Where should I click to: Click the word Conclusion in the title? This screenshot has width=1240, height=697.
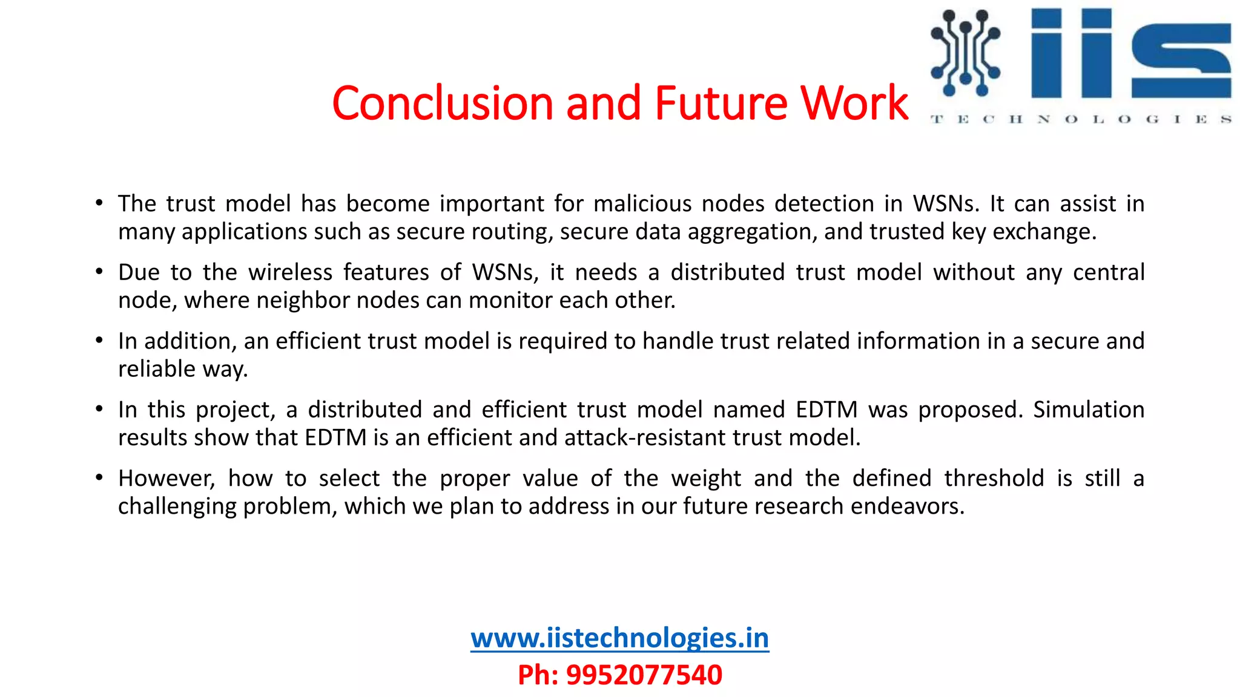click(x=443, y=103)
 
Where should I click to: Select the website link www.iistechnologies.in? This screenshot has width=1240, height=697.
click(x=619, y=638)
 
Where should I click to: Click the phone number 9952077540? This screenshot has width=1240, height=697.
click(x=644, y=675)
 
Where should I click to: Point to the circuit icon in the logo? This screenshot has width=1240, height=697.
click(x=965, y=53)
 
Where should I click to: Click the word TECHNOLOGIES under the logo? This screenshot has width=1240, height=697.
click(x=1081, y=119)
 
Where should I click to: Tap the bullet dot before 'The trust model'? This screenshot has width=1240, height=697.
click(x=99, y=203)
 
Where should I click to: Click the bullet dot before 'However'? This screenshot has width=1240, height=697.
click(x=99, y=478)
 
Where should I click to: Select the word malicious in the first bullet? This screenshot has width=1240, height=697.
click(x=642, y=204)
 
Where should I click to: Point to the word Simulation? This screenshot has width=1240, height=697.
click(x=1089, y=410)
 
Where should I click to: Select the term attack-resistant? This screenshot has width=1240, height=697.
click(x=645, y=437)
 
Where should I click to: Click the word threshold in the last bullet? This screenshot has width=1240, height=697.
click(x=994, y=479)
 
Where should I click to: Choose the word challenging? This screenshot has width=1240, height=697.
click(x=177, y=506)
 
